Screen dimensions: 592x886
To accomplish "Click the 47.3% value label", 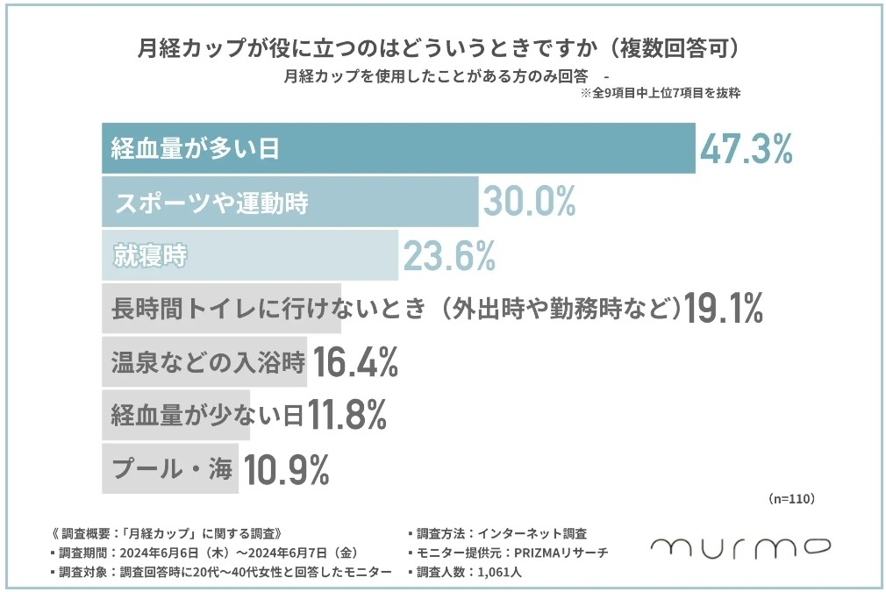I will tap(746, 149).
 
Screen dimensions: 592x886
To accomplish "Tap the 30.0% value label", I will tap(528, 203).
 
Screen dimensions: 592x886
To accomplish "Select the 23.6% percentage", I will tap(449, 256).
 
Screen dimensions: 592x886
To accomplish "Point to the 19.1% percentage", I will tap(724, 309).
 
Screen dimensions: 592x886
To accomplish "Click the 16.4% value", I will tap(356, 362).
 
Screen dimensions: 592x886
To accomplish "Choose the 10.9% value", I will tap(286, 470).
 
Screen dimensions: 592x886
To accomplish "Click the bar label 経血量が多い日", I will tap(195, 149).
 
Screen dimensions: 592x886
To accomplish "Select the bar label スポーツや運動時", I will tap(211, 203).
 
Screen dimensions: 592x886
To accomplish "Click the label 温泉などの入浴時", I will tap(207, 362).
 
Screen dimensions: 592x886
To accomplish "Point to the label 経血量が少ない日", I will tap(207, 416).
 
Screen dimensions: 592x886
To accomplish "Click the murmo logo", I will tap(741, 546).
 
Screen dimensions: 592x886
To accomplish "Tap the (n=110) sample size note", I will tap(792, 498).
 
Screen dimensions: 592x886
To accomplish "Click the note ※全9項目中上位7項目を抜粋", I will tap(661, 93).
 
